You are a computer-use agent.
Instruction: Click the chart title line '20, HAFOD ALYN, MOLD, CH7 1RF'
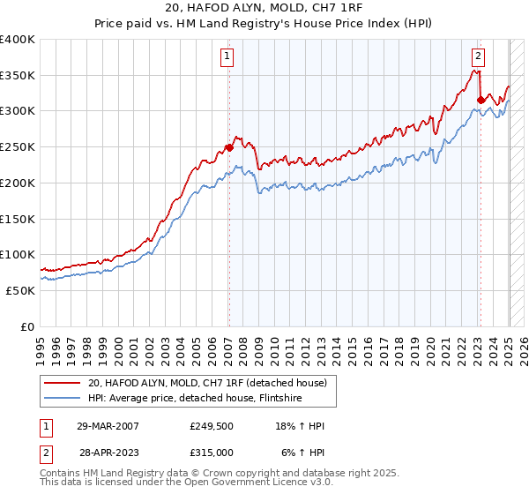264,9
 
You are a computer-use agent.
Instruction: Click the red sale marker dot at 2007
229,147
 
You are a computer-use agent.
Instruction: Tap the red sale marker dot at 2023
481,100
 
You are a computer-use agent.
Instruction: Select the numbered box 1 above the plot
227,56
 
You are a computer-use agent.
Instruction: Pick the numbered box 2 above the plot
478,56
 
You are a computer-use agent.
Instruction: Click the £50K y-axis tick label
20,290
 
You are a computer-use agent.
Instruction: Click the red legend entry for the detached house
207,383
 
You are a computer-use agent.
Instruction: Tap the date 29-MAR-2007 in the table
108,426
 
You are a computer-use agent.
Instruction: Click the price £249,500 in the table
211,426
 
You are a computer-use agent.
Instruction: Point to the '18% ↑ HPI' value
300,426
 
